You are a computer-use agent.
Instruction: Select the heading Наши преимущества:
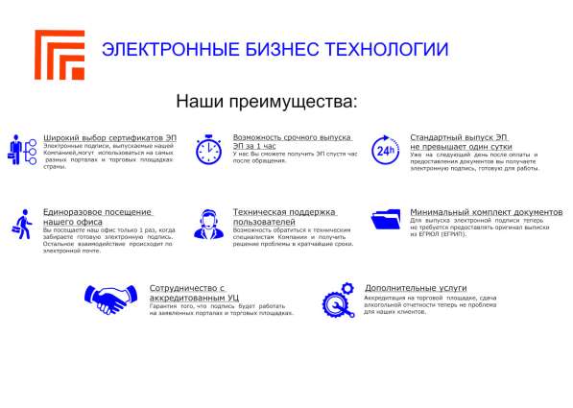click(267, 101)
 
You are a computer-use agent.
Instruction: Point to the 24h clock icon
click(384, 149)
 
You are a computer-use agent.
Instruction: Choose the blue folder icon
click(386, 220)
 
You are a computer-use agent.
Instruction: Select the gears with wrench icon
click(337, 299)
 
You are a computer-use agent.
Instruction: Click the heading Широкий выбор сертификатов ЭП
click(110, 138)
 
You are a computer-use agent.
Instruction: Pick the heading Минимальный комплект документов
click(486, 211)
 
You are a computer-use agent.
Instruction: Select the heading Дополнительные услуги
click(416, 287)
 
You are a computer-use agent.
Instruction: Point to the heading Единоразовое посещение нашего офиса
click(97, 216)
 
